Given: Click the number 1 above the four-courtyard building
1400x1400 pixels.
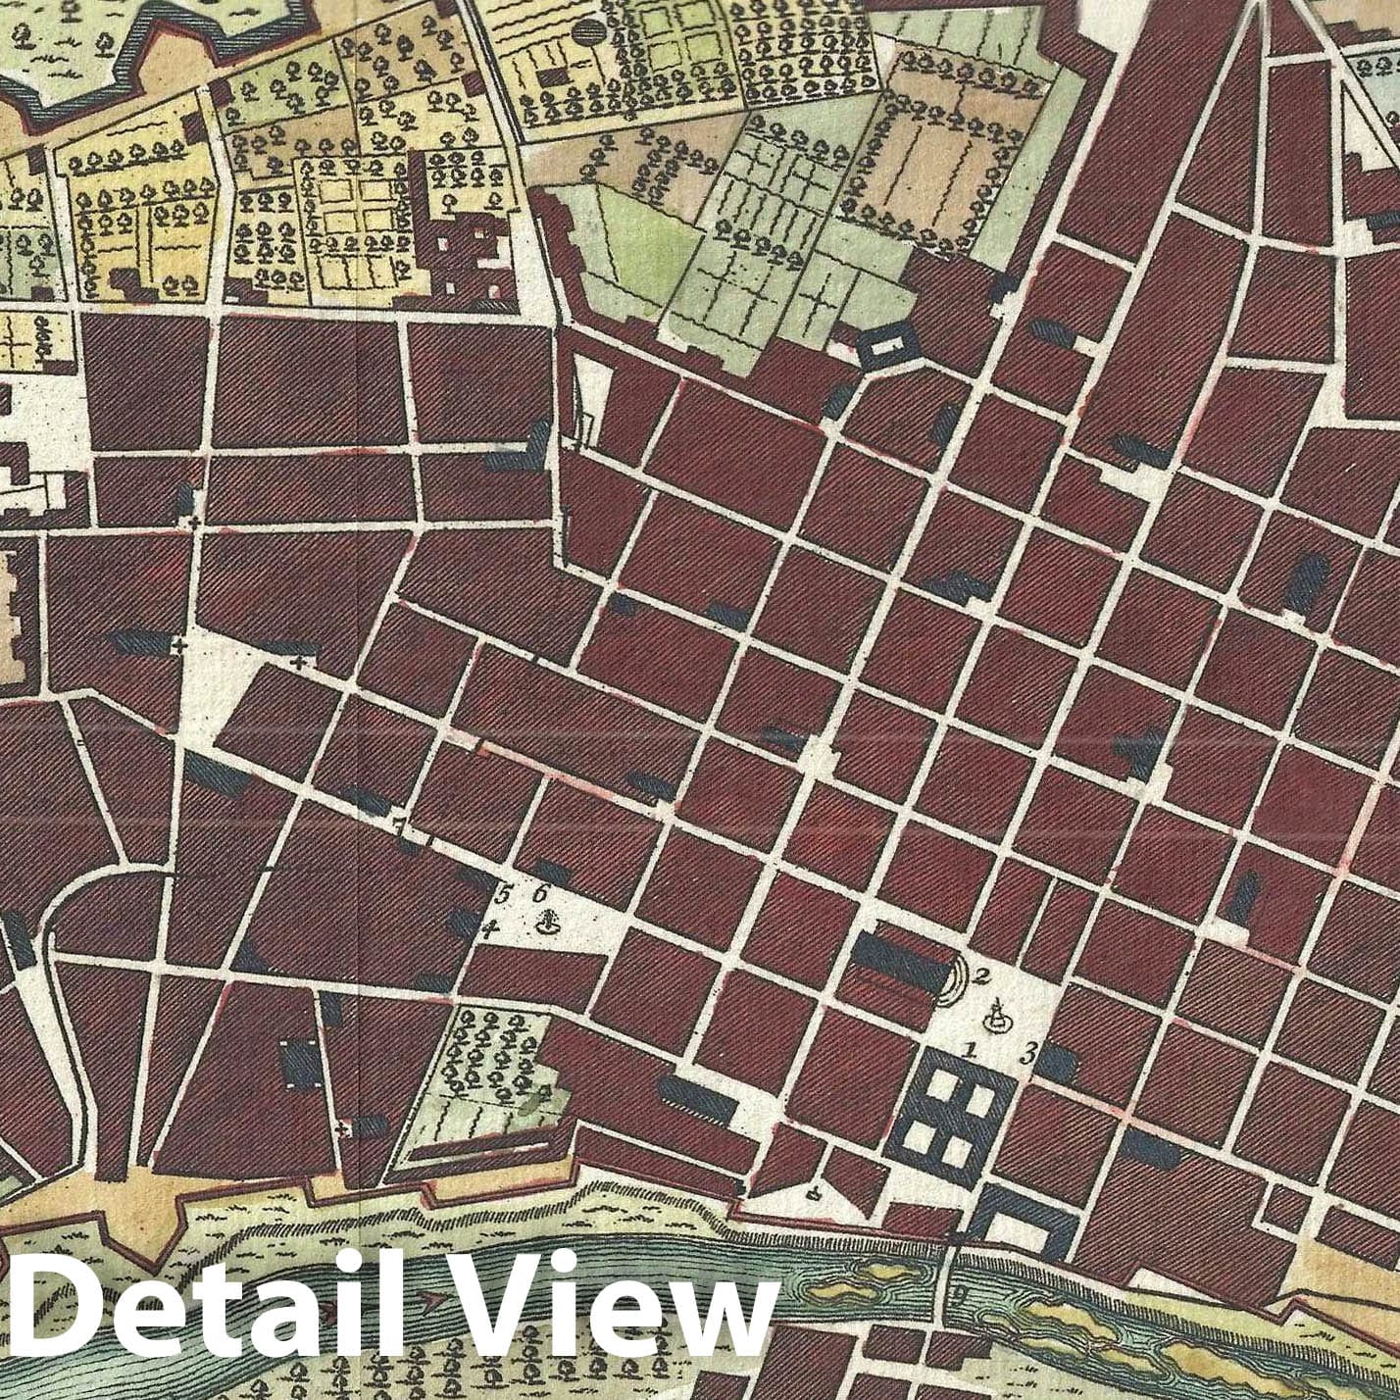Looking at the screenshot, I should coord(971,1050).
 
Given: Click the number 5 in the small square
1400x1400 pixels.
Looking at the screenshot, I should coord(506,894).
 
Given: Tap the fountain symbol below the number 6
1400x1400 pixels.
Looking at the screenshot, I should coord(549,922).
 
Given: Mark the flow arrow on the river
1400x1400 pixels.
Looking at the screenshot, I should coord(429,1300).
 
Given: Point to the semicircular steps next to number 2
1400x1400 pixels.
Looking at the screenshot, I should coord(955,981).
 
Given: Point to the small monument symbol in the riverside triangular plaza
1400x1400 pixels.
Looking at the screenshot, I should coord(812,1193).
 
